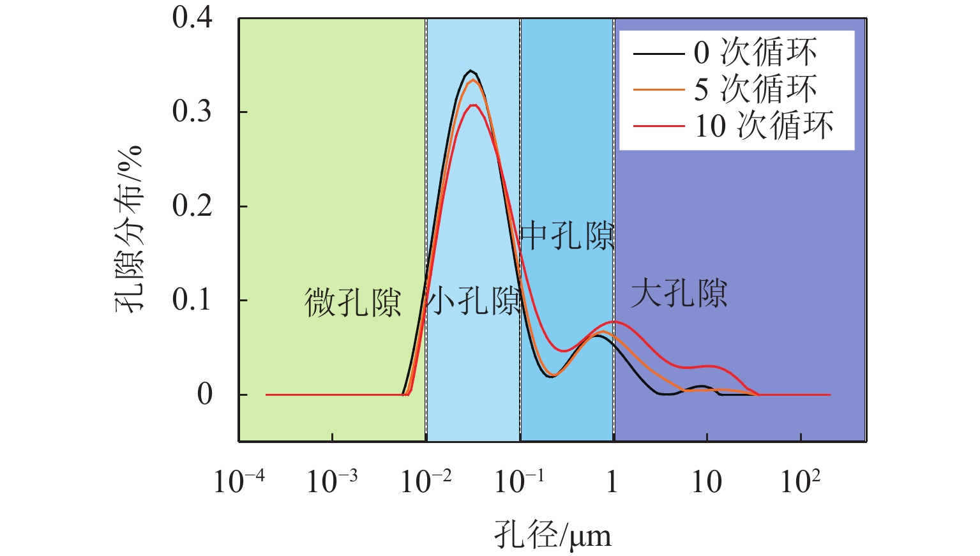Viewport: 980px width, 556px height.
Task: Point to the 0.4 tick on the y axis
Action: (192, 17)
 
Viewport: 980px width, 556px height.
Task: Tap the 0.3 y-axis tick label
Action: (192, 112)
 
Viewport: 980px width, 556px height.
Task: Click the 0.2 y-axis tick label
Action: (192, 206)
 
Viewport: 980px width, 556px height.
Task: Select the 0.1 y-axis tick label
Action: (192, 300)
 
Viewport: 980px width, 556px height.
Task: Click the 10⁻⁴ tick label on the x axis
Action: (239, 481)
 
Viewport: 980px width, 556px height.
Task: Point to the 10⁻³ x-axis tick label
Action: (332, 481)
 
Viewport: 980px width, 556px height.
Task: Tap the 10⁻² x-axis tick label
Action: (426, 481)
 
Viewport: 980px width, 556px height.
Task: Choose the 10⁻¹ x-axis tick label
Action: (520, 481)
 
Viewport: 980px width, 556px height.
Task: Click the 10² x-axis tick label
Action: (801, 481)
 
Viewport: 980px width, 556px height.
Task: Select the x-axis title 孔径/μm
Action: (553, 535)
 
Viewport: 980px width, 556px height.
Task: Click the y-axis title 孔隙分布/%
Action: (129, 229)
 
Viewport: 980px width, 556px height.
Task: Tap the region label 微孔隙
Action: (353, 303)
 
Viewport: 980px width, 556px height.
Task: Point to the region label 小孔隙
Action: (474, 301)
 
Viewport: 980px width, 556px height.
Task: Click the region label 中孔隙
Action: (568, 236)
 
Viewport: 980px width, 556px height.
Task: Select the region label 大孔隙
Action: (679, 294)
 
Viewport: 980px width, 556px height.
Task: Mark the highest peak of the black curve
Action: (471, 70)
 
